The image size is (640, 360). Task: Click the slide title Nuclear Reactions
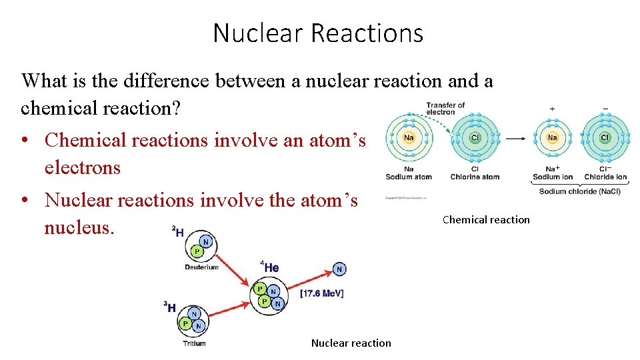[318, 33]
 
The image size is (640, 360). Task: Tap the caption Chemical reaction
[486, 220]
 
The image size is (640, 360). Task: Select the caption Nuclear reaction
[351, 343]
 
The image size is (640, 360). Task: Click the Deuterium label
[201, 267]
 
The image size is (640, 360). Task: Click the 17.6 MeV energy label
[322, 293]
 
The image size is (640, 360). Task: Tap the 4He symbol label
[271, 267]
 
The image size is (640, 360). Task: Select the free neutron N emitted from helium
[339, 269]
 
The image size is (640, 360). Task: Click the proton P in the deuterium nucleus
[197, 252]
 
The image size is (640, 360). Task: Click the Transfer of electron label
[445, 108]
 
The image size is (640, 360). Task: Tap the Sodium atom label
[409, 177]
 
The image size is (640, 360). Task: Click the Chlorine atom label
[475, 177]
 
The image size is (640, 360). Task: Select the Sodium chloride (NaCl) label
[579, 191]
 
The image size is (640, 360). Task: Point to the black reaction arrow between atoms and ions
[515, 139]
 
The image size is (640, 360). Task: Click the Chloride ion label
[605, 177]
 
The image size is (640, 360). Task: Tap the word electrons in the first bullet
[82, 167]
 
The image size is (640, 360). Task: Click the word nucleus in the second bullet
[79, 227]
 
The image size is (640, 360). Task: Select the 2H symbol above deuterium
[177, 231]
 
